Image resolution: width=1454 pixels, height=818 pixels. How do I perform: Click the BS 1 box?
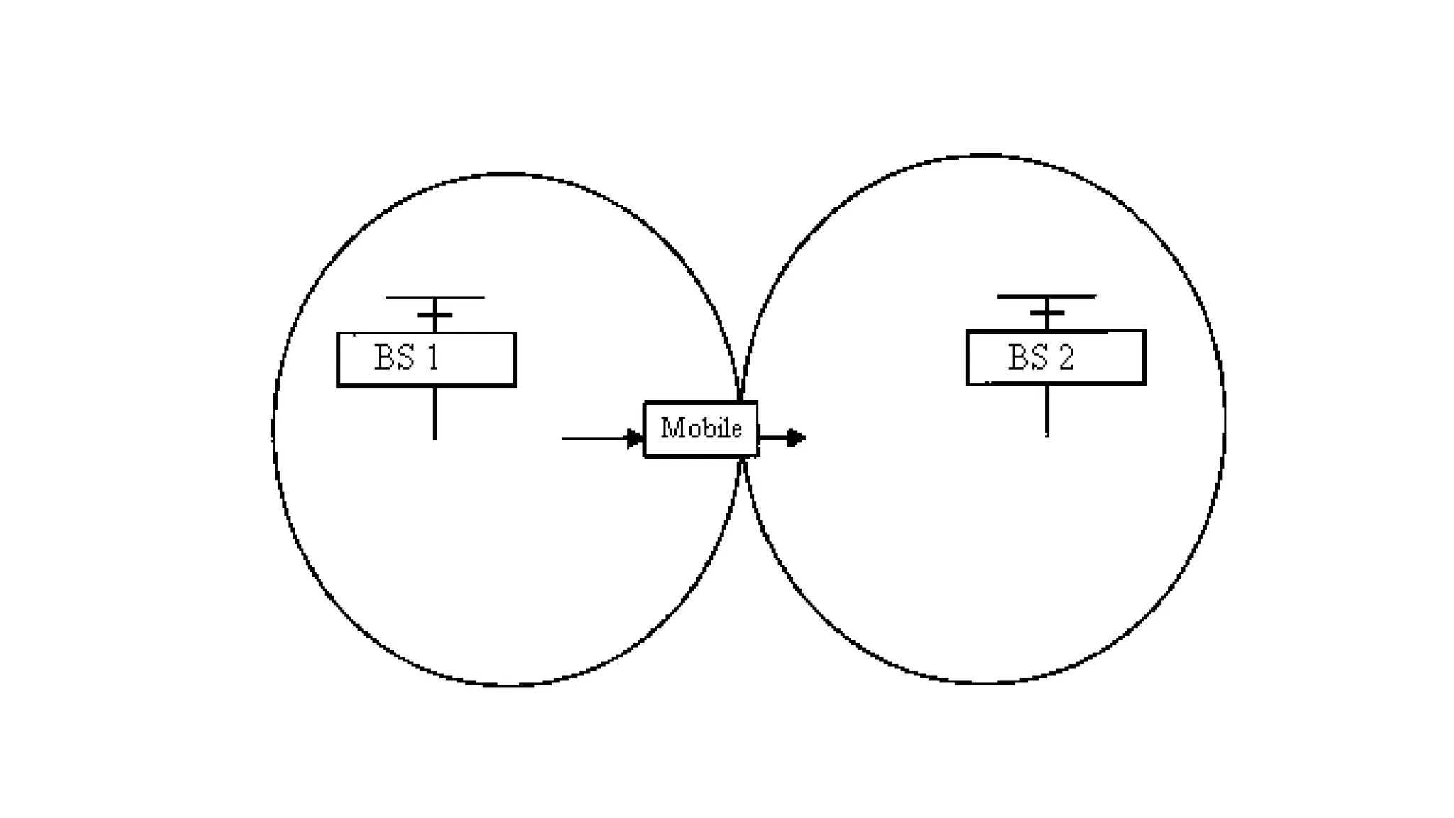(426, 359)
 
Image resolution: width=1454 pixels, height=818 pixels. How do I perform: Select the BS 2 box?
(1056, 357)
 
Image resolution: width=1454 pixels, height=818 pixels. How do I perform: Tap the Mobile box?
(701, 429)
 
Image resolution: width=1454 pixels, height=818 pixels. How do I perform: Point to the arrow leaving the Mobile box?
(782, 437)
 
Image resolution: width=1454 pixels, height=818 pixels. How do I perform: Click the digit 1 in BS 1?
(432, 357)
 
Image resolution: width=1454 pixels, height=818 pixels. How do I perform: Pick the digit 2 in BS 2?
(1066, 357)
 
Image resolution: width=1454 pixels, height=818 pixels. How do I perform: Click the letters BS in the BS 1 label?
(395, 357)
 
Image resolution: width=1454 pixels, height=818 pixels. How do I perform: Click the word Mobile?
(701, 428)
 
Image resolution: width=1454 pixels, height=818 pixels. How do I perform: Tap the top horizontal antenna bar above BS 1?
(434, 298)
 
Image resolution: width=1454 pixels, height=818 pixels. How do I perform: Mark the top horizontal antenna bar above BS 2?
(1046, 296)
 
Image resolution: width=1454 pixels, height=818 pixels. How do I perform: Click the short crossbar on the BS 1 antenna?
(434, 315)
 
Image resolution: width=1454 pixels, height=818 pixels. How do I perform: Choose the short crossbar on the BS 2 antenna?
(1046, 312)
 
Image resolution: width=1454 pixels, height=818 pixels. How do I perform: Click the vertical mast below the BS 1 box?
(434, 413)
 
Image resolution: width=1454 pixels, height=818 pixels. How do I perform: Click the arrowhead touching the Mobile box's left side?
(635, 439)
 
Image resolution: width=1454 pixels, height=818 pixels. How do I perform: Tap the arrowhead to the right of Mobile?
(796, 437)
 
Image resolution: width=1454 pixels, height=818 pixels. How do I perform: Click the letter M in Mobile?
(671, 427)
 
